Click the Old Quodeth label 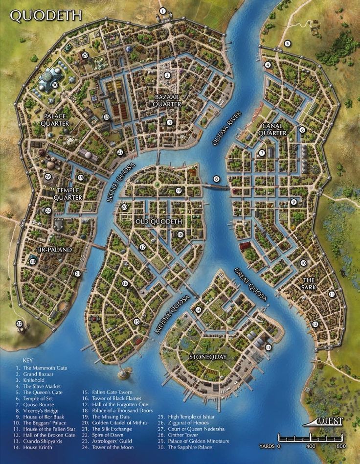click(159, 222)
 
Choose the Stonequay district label click(208, 357)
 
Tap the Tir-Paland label click(54, 250)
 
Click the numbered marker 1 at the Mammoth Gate click(163, 11)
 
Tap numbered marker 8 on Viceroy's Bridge click(216, 179)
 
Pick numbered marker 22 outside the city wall click(20, 324)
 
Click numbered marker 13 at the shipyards click(268, 347)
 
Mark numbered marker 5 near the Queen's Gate click(287, 44)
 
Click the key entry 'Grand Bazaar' click(38, 373)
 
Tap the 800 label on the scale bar click(341, 446)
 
